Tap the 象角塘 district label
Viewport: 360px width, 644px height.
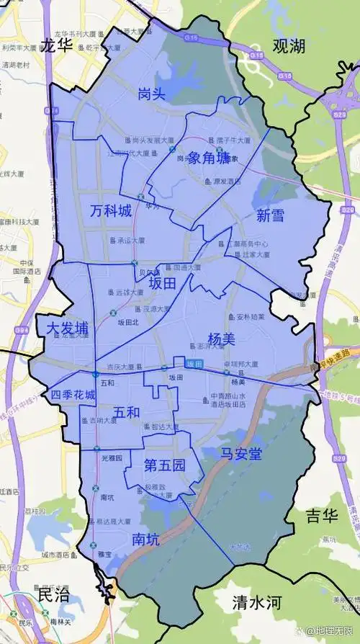210,158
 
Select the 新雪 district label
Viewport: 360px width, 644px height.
270,214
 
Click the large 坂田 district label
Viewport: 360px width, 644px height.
163,285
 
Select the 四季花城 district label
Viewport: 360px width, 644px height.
74,395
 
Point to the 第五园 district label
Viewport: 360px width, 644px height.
165,465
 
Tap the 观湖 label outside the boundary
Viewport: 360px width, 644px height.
289,46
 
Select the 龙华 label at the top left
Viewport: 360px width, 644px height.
57,45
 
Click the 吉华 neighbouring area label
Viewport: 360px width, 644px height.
321,516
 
